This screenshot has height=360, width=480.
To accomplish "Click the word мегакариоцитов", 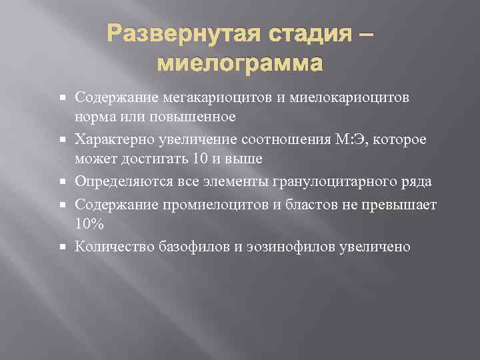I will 213,98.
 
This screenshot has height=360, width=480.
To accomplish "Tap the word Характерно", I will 115,139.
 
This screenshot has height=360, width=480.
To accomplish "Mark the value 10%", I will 89,225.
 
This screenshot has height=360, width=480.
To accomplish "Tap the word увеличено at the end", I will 376,247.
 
